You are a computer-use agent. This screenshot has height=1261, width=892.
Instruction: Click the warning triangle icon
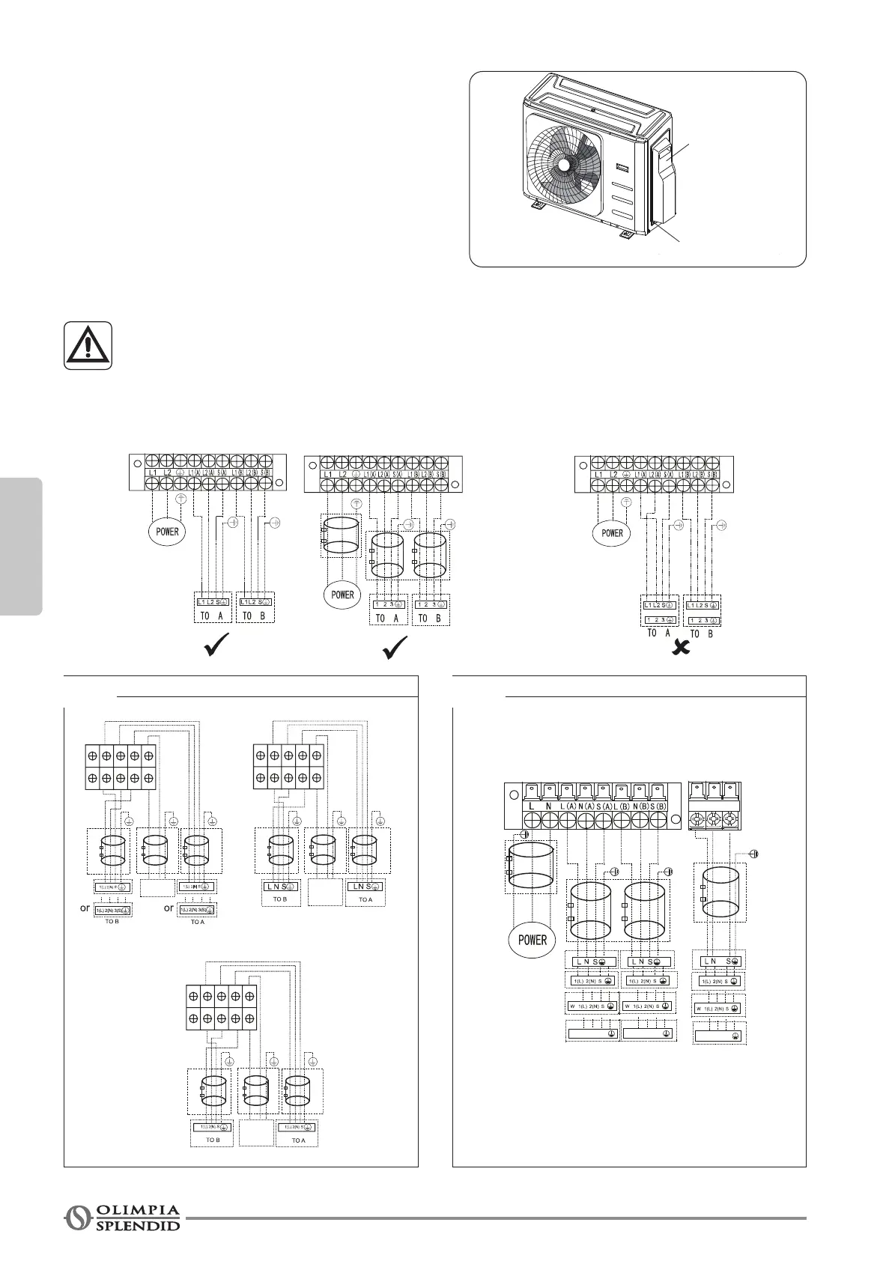88,345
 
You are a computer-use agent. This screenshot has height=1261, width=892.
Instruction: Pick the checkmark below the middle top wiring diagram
394,647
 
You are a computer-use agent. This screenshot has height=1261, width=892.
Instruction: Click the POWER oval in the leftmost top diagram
167,532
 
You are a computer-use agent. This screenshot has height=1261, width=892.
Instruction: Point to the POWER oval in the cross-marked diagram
612,533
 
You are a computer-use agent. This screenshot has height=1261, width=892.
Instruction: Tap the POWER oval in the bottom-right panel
532,940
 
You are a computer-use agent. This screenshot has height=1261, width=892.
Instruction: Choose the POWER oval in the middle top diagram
342,595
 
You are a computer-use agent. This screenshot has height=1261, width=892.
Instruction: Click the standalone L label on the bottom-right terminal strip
531,806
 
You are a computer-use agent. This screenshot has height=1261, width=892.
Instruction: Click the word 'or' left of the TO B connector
85,908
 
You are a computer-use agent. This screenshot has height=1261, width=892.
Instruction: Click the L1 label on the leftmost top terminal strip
152,473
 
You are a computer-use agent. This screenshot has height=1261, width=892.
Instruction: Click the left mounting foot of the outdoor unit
538,204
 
